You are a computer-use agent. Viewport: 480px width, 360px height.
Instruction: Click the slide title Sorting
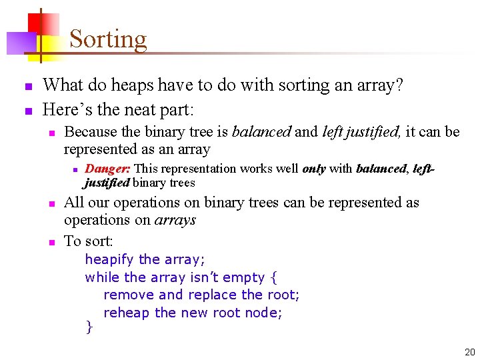coord(108,39)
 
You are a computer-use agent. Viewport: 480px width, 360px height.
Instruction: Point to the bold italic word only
coord(313,169)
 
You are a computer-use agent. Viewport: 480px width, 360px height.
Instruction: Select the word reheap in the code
coord(127,313)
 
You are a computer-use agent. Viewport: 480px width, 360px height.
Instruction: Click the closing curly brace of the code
coord(89,327)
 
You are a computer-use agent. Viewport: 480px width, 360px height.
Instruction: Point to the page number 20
coord(469,351)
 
